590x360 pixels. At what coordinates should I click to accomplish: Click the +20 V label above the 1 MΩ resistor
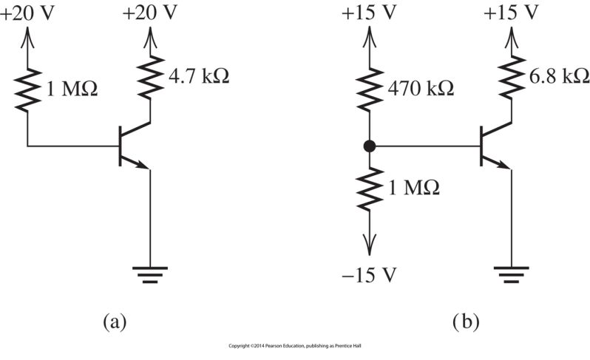27,13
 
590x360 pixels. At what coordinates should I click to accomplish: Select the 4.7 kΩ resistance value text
197,75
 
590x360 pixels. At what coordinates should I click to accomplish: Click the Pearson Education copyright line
294,346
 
